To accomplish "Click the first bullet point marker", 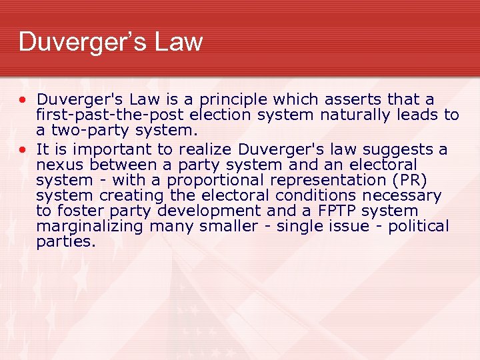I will pos(23,100).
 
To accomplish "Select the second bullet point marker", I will pos(23,149).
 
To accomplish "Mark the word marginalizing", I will pos(90,226).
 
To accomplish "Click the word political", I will pos(419,226).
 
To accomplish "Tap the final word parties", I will pos(66,241).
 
